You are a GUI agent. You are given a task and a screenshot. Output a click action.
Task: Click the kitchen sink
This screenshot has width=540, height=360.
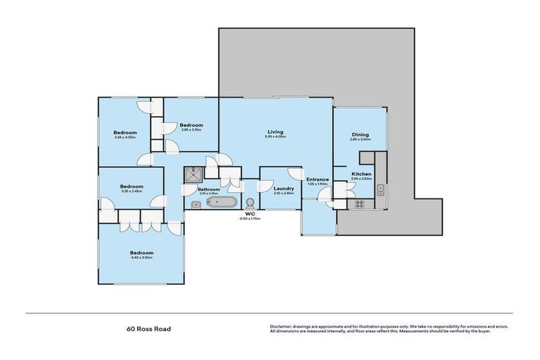(380, 188)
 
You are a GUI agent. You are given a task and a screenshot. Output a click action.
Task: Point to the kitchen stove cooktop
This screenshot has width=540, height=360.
(359, 205)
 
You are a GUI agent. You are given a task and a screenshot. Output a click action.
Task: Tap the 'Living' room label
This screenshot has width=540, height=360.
(275, 131)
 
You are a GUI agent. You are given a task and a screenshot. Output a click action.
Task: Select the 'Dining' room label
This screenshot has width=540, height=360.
(359, 135)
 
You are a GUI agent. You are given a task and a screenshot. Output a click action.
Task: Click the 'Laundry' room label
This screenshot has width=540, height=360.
(284, 188)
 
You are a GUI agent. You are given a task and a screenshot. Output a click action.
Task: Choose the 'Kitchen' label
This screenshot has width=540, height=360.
(361, 174)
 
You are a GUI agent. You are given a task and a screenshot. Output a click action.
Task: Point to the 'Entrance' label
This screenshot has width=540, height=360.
(318, 179)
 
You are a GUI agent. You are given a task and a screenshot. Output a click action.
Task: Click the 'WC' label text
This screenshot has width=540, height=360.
(249, 213)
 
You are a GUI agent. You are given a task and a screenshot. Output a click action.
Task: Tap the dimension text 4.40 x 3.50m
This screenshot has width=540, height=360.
(141, 258)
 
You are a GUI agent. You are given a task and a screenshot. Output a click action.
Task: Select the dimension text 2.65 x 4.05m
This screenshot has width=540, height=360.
(125, 138)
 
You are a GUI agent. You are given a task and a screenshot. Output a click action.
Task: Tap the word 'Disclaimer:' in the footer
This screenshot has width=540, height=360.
(281, 327)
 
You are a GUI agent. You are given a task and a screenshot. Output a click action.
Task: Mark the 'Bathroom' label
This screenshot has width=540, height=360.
(209, 189)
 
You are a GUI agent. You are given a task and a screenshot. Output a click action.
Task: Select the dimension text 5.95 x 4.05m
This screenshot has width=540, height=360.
(275, 136)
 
